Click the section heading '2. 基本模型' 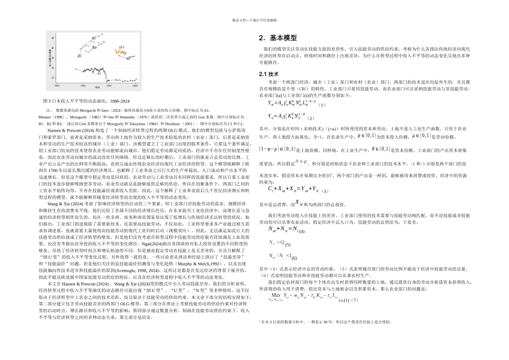pos(278,39)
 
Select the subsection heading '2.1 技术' pos(270,73)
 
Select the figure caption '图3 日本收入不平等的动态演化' pos(86,101)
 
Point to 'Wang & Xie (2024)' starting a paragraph pos(65,204)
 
